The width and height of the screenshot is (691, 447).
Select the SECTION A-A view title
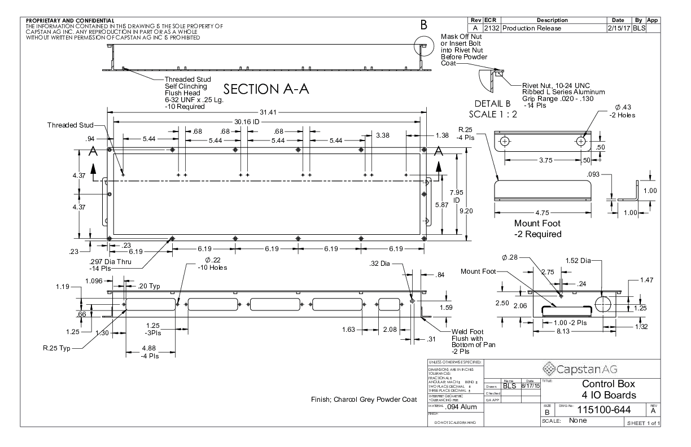point(265,90)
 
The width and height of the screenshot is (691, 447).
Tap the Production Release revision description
point(531,28)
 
